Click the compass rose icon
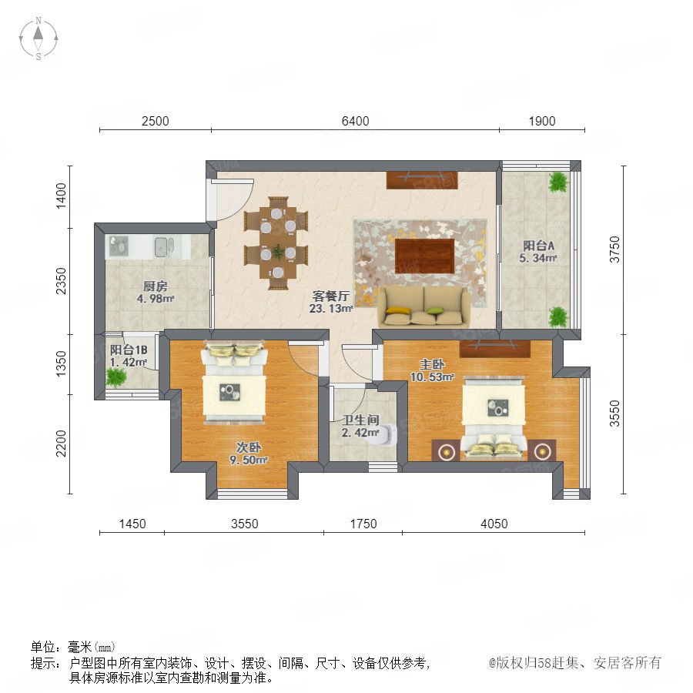38,38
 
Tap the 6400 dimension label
355,121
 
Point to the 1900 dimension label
542,121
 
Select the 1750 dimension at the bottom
363,524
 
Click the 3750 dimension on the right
614,249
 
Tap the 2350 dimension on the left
61,281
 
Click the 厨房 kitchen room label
155,286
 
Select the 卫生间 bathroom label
361,420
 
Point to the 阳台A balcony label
538,246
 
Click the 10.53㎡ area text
432,377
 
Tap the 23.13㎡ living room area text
331,309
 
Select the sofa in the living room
423,306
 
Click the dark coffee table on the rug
424,256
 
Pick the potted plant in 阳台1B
115,377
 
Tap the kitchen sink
161,246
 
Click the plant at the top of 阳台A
557,182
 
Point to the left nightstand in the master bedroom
447,450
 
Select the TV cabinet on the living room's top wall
422,180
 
